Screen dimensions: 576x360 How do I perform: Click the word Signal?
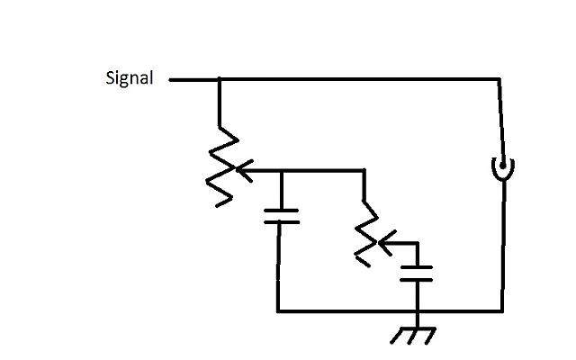tap(130, 78)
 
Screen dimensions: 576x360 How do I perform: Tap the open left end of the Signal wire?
tap(170, 79)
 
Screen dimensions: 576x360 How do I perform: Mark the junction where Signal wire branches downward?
tap(220, 79)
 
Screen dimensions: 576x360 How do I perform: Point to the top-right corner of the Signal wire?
tap(499, 79)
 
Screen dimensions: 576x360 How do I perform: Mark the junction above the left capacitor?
tap(282, 170)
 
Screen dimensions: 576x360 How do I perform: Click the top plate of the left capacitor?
tap(282, 211)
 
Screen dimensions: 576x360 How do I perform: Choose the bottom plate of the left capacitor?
tap(282, 222)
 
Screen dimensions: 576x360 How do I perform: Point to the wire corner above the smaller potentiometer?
tap(364, 170)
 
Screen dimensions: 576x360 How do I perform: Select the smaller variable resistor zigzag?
tap(367, 234)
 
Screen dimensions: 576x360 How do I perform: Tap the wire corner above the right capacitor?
tap(417, 243)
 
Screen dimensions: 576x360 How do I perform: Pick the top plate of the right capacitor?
tap(417, 268)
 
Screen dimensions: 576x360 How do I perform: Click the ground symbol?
tap(413, 336)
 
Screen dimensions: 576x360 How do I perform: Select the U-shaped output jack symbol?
tap(503, 168)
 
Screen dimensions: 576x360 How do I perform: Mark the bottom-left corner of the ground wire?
tap(278, 311)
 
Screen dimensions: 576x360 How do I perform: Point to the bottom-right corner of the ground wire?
tap(502, 311)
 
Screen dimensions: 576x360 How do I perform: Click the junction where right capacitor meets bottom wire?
tap(418, 311)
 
